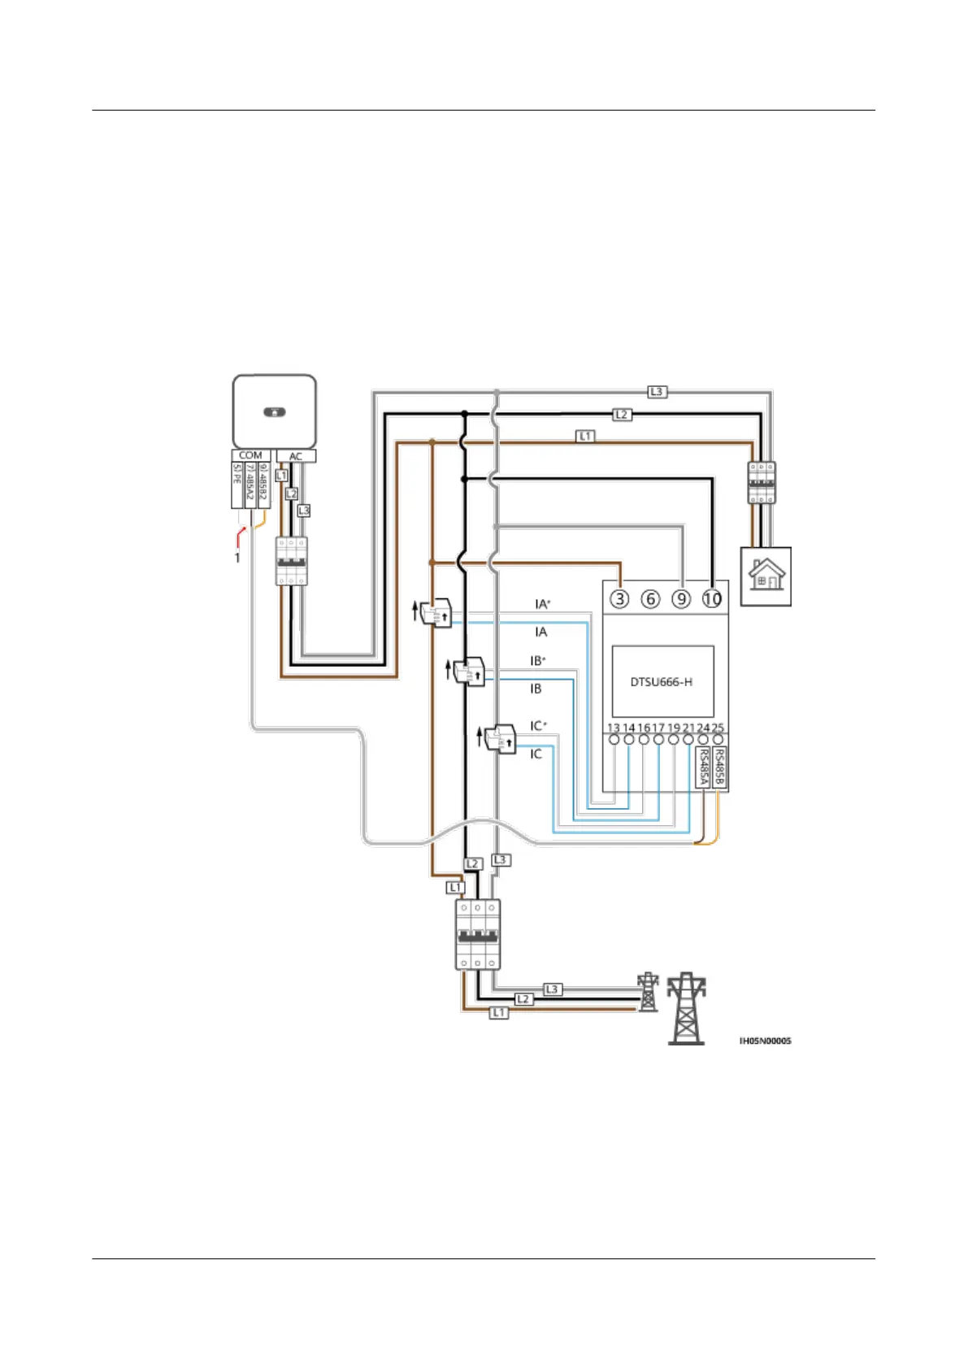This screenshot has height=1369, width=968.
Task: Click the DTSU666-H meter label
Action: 662,682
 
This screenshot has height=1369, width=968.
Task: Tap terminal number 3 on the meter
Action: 620,599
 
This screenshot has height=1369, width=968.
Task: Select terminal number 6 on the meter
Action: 651,599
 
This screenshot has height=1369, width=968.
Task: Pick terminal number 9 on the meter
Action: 681,599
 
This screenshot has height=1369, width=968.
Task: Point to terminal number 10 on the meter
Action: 712,599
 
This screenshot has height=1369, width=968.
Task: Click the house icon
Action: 766,576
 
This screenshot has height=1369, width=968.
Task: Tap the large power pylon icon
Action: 686,1008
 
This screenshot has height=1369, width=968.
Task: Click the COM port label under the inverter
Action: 250,455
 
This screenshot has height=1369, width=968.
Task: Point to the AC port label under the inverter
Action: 296,456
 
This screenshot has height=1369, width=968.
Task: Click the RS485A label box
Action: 704,767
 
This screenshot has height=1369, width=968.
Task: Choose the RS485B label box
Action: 719,767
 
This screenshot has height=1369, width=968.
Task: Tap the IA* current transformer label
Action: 542,604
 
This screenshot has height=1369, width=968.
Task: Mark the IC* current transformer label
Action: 538,725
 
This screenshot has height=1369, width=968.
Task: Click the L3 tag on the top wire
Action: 657,392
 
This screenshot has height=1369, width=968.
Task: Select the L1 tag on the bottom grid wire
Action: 498,1013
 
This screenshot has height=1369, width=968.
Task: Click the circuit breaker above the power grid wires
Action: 477,934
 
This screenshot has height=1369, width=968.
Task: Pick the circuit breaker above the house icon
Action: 762,483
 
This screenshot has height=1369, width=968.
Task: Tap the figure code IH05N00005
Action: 765,1041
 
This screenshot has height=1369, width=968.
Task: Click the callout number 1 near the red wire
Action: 237,558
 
